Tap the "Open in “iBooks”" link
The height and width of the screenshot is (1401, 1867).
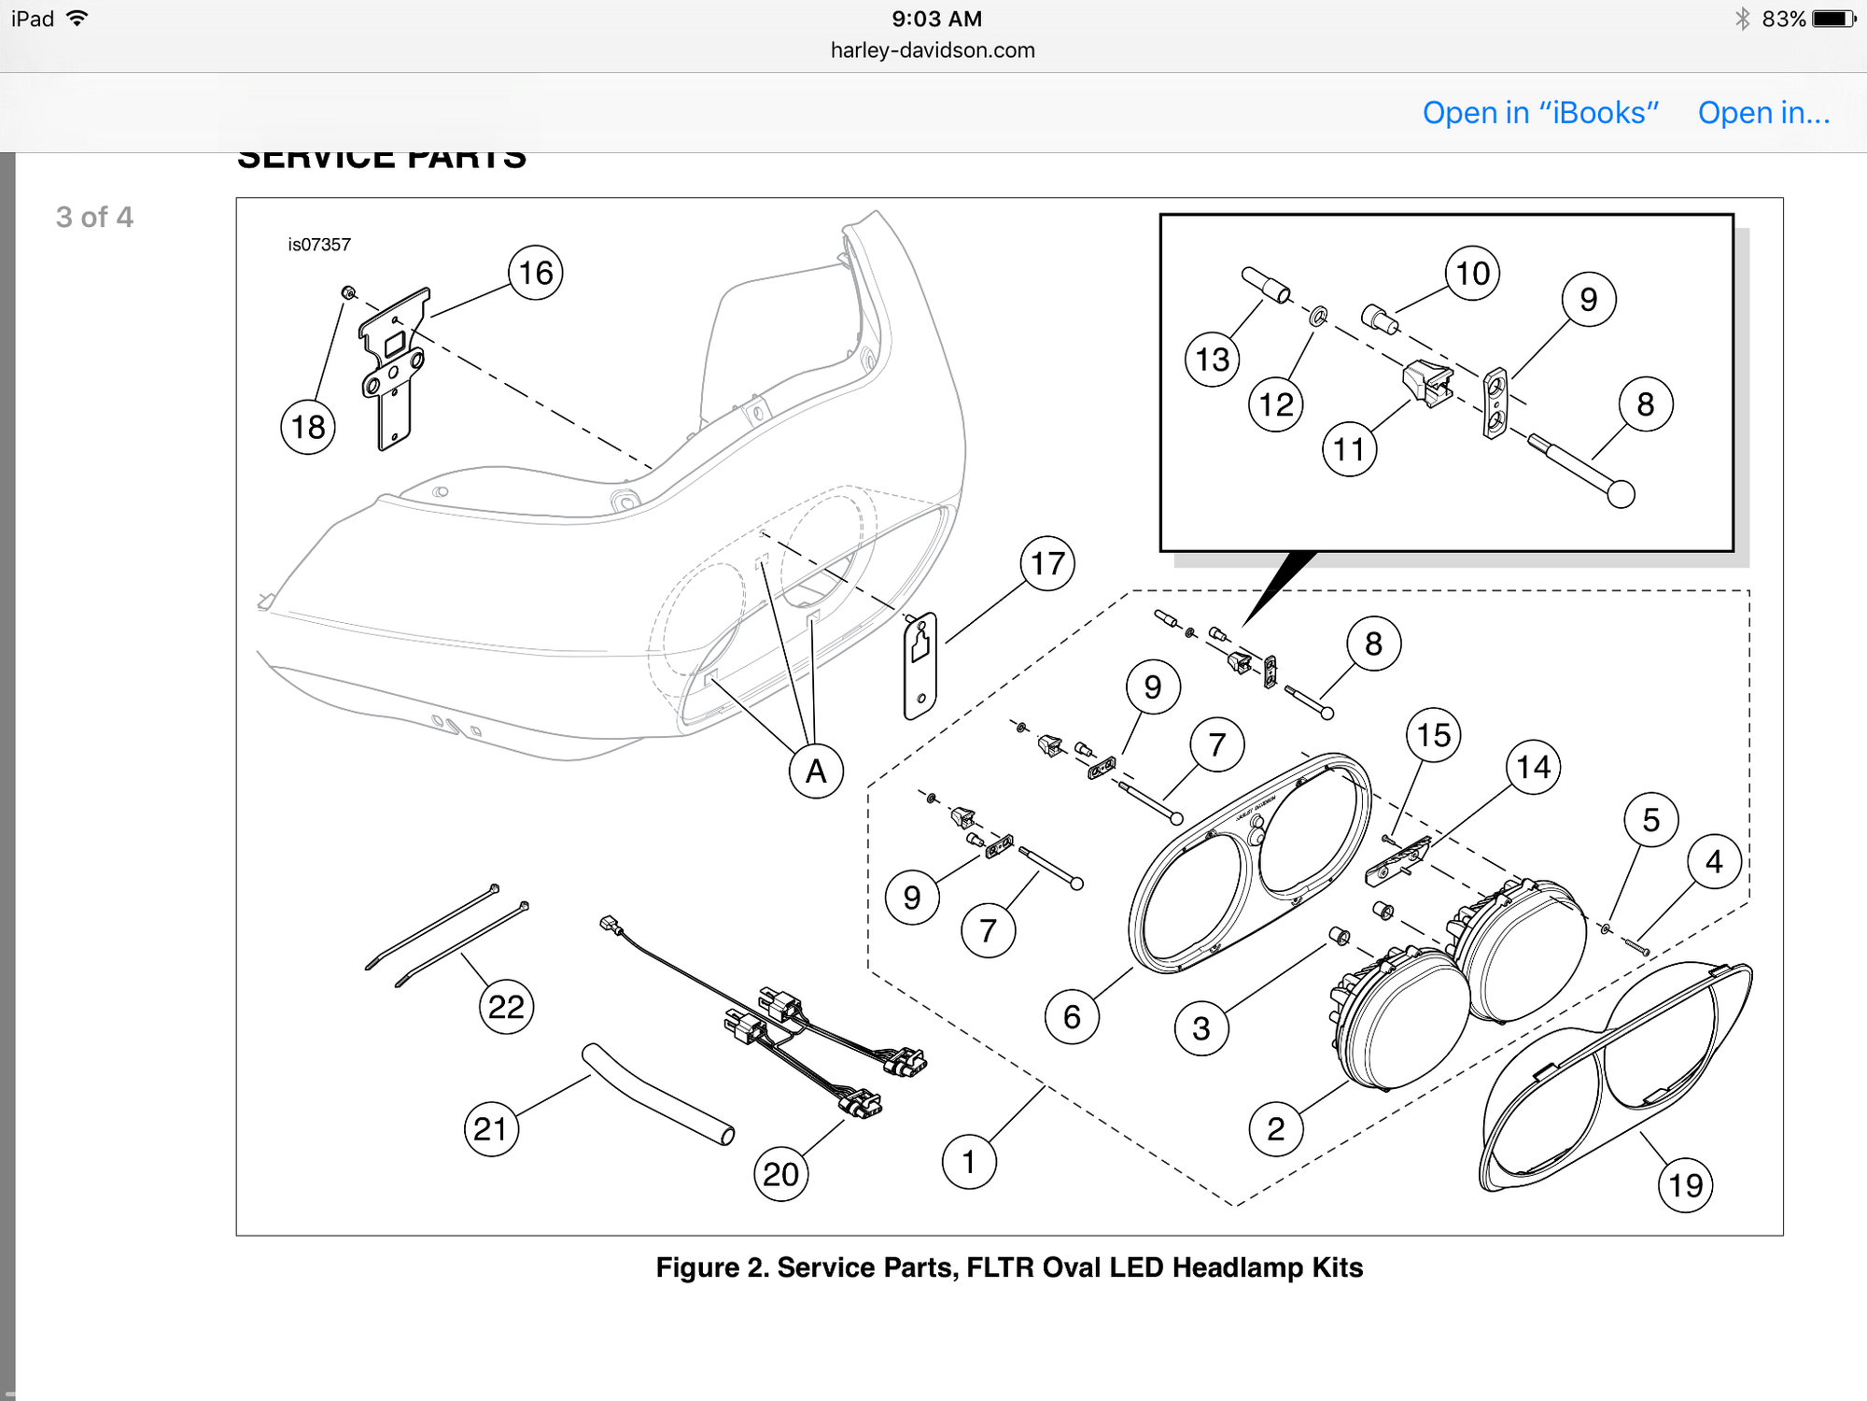click(1539, 113)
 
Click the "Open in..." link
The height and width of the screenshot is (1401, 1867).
click(1762, 113)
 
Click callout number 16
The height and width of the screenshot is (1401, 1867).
click(536, 273)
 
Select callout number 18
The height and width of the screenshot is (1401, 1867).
click(308, 427)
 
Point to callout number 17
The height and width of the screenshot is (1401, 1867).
click(1047, 563)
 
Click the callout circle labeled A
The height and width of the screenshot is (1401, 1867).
click(816, 771)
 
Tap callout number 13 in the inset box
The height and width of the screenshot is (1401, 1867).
click(1213, 360)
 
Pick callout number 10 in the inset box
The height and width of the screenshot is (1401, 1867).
click(1472, 274)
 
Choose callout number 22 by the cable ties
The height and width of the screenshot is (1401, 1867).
click(506, 1007)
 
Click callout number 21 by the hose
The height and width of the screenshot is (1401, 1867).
click(491, 1129)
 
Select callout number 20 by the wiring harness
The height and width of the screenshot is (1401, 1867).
click(781, 1174)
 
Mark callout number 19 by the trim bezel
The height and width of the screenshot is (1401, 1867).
click(1685, 1185)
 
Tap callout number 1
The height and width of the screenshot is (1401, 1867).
click(969, 1162)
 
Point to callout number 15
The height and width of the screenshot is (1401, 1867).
click(1434, 735)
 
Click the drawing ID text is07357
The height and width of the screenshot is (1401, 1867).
click(319, 245)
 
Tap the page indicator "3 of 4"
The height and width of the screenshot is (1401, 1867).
click(94, 218)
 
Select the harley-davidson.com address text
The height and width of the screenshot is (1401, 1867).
click(933, 50)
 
